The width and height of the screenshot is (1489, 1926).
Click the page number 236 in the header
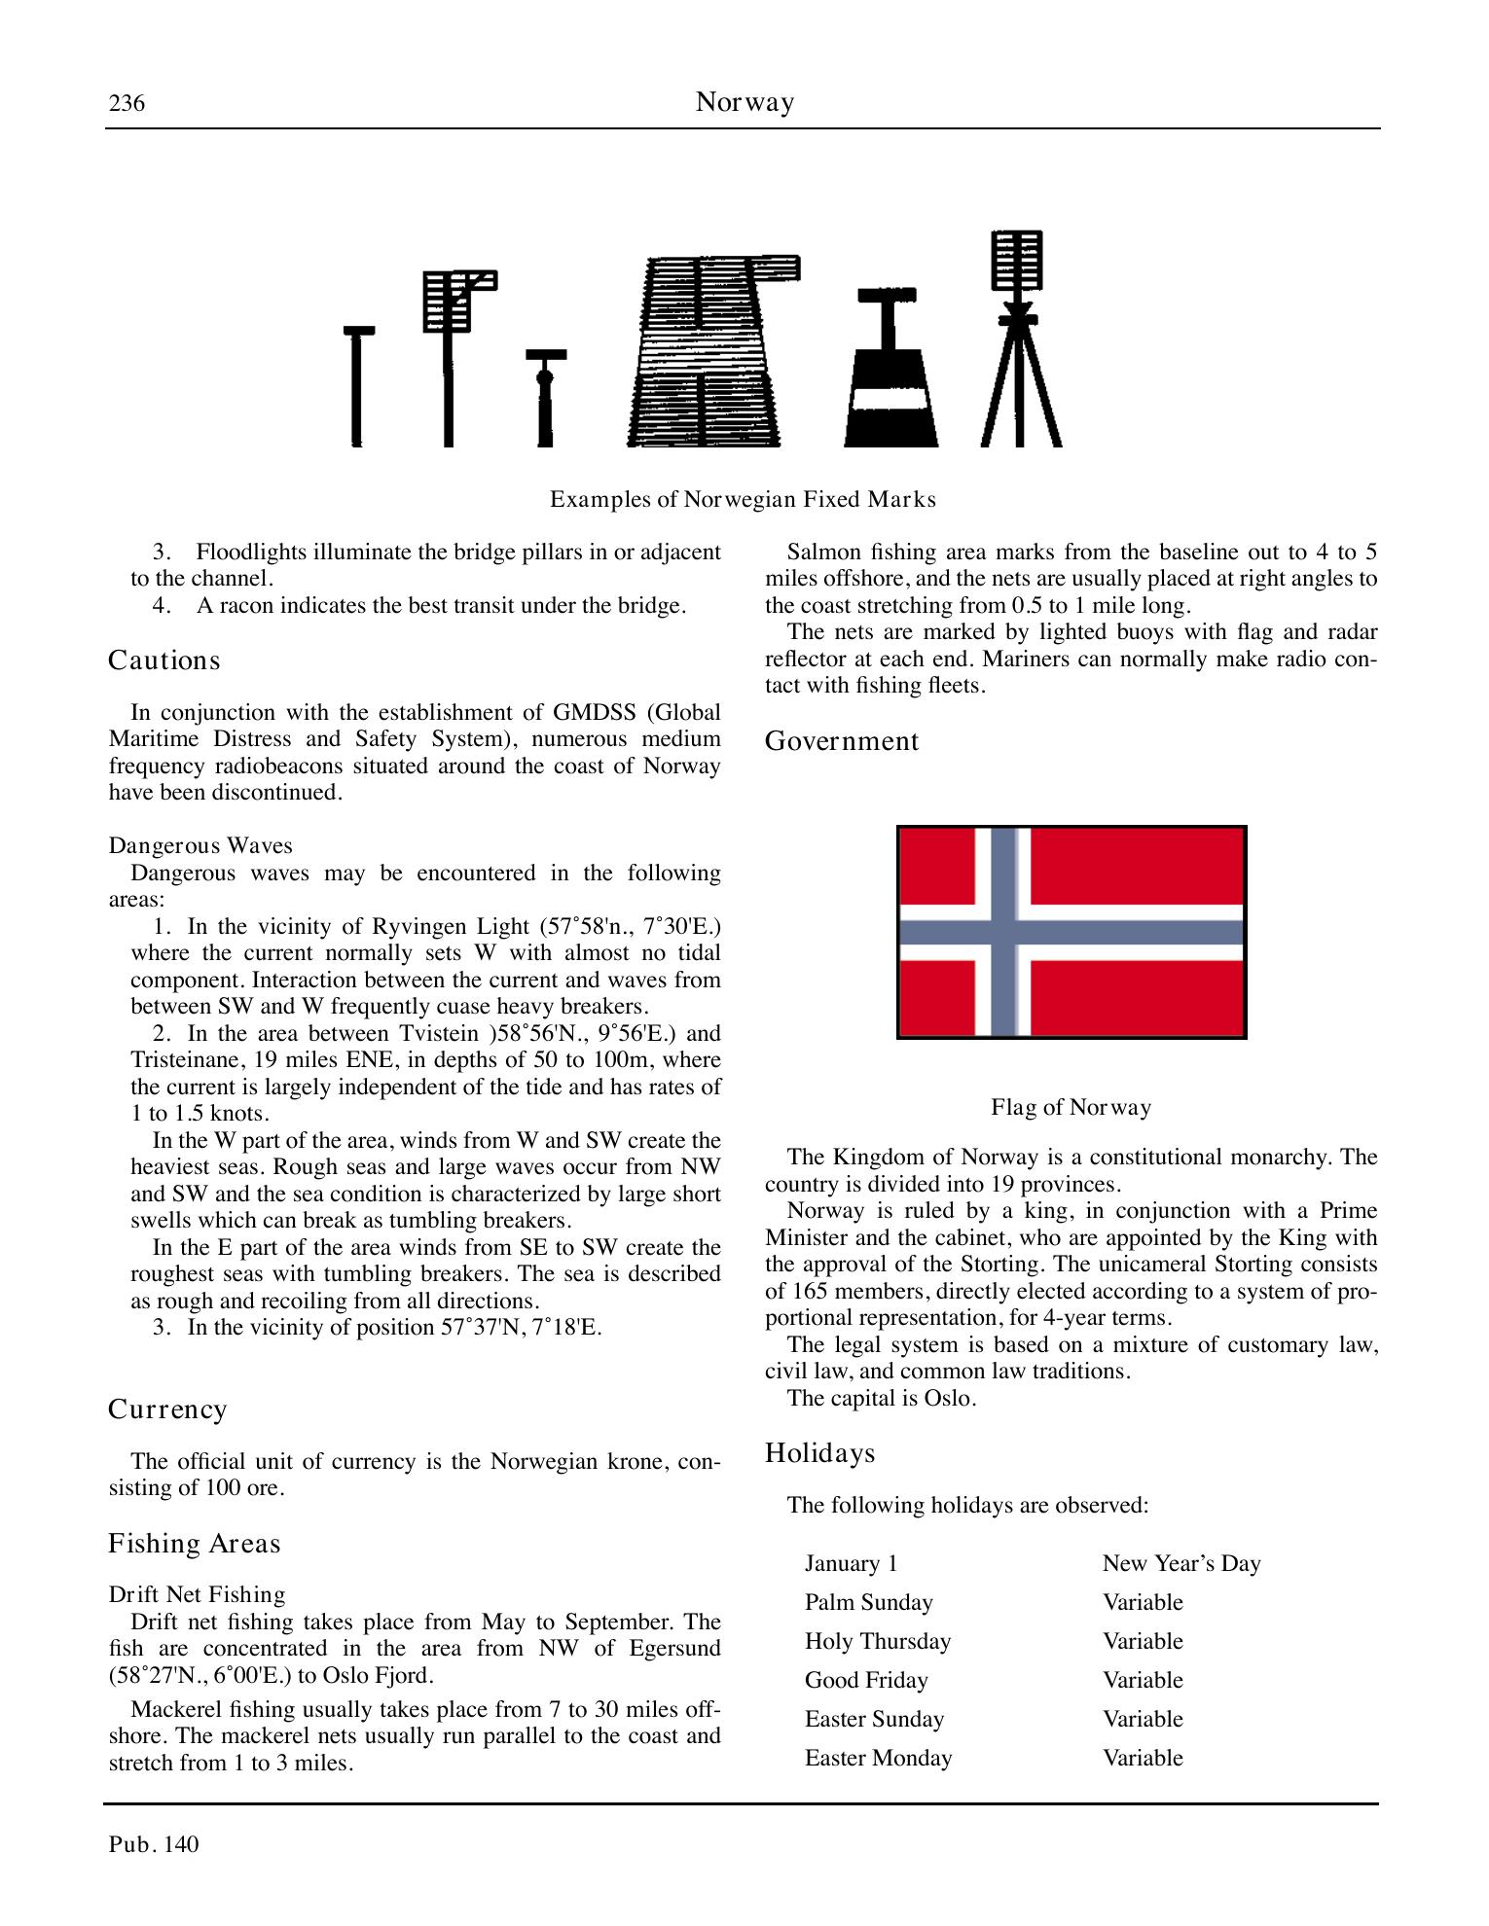point(127,103)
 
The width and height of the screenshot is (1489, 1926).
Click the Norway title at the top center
point(744,102)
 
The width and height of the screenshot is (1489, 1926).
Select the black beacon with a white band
point(890,370)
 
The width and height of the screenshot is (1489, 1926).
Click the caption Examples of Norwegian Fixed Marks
point(743,500)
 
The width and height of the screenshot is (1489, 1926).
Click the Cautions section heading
point(163,660)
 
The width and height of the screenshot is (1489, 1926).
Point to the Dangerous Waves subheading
point(200,845)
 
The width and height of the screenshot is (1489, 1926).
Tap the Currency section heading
point(167,1409)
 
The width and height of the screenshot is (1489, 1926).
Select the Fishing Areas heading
point(194,1544)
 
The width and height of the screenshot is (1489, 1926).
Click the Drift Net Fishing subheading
point(197,1594)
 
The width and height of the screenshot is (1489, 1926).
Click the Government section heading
point(841,741)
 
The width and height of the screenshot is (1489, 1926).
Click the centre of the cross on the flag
point(1002,932)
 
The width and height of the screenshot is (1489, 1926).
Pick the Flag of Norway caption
point(1071,1107)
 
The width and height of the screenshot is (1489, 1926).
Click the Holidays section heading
point(819,1453)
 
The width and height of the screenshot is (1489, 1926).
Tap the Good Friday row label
point(866,1680)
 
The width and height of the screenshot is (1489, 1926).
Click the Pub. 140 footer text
point(154,1844)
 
